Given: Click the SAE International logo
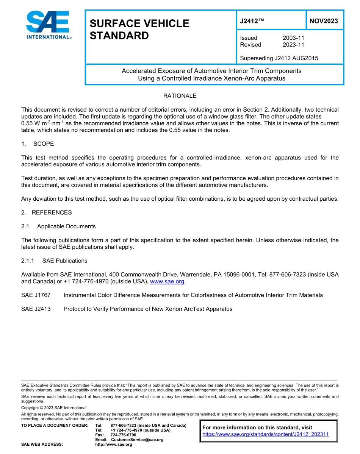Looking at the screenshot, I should click(x=47, y=25).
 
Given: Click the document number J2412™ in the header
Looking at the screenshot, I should click(x=252, y=21).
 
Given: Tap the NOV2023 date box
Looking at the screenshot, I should click(x=324, y=21).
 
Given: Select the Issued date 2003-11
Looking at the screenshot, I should click(x=293, y=38).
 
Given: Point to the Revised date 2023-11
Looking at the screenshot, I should click(x=293, y=45).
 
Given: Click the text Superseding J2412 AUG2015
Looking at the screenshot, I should click(x=279, y=58).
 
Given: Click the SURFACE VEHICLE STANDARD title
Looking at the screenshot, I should click(x=139, y=30).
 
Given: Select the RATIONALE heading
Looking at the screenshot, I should click(x=180, y=96).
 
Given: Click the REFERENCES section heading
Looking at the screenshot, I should click(x=52, y=212).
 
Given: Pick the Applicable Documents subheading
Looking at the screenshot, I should click(x=66, y=226).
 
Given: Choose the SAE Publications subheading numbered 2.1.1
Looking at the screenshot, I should click(x=64, y=261).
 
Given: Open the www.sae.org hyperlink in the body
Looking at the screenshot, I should click(x=167, y=281).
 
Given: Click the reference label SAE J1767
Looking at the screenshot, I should click(x=36, y=295).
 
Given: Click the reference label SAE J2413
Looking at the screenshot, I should click(x=36, y=309).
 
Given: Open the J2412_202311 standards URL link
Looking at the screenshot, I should click(x=265, y=434).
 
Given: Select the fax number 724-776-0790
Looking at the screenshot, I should click(x=123, y=435).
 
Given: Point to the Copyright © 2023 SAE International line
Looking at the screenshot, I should click(x=54, y=408).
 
